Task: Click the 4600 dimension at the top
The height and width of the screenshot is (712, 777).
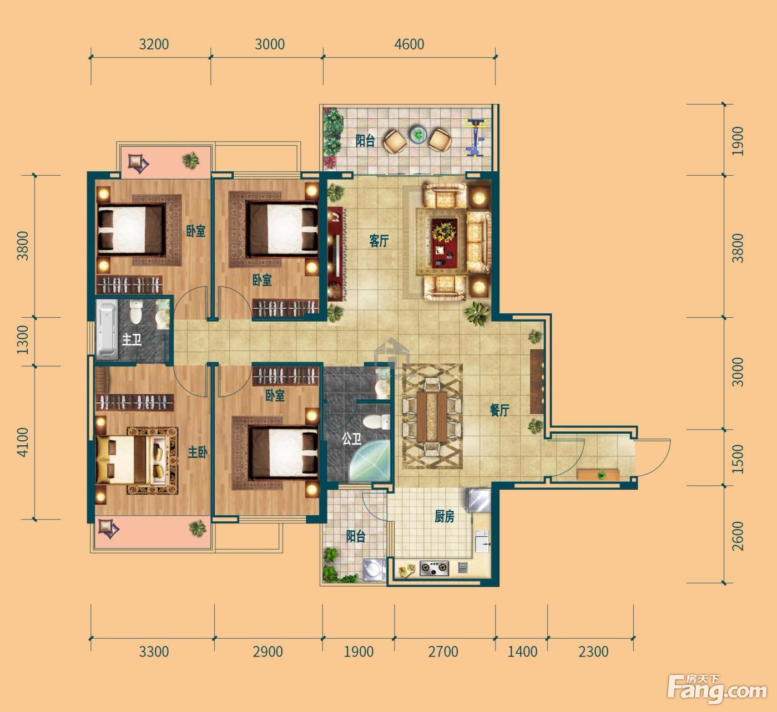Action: click(409, 44)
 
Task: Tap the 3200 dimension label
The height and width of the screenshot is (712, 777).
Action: click(154, 44)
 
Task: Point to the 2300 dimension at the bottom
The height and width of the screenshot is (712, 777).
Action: click(593, 652)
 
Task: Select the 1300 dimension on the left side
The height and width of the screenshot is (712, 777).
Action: click(23, 339)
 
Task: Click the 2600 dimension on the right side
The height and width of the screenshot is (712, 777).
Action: click(738, 536)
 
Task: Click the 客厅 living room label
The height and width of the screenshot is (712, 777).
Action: click(379, 241)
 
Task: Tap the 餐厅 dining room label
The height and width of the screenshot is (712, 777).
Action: click(500, 410)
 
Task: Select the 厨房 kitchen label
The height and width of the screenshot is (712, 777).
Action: click(444, 516)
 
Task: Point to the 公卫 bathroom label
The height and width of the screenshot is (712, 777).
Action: click(351, 439)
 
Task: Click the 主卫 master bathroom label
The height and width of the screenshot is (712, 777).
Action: click(132, 340)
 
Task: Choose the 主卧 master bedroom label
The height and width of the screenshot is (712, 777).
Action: click(198, 452)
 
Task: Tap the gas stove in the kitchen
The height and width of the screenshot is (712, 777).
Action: click(434, 568)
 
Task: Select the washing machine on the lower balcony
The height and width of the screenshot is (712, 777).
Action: click(374, 569)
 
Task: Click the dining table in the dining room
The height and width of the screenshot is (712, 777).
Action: click(431, 416)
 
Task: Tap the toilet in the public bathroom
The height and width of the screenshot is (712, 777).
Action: click(377, 421)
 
